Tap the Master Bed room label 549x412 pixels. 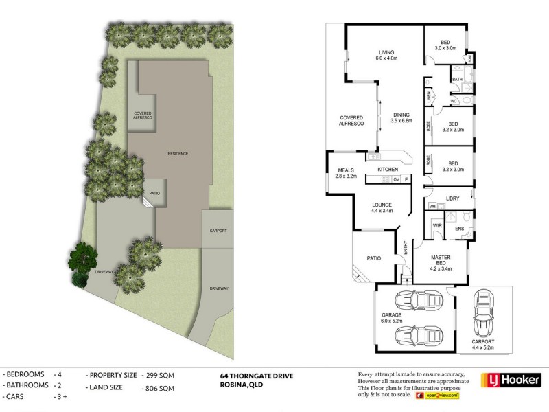pos(439,264)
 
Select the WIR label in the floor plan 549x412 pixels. pos(435,225)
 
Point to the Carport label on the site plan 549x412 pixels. pos(218,231)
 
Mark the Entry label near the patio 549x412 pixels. pos(405,251)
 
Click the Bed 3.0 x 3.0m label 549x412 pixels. pos(446,44)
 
